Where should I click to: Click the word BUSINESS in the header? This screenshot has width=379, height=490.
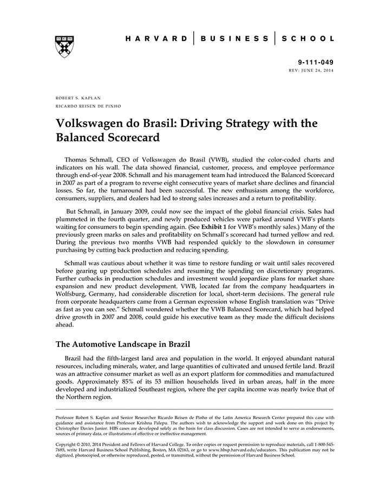pyautogui.click(x=234, y=39)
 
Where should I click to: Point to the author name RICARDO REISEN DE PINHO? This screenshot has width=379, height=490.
pyautogui.click(x=89, y=106)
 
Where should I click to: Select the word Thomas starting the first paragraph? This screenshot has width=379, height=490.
pyautogui.click(x=78, y=160)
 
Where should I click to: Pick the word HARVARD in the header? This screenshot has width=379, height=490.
pyautogui.click(x=156, y=39)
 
